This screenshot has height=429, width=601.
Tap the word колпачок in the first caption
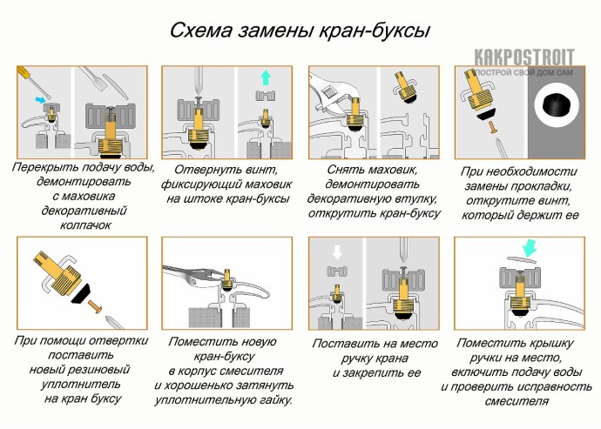coord(82,225)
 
